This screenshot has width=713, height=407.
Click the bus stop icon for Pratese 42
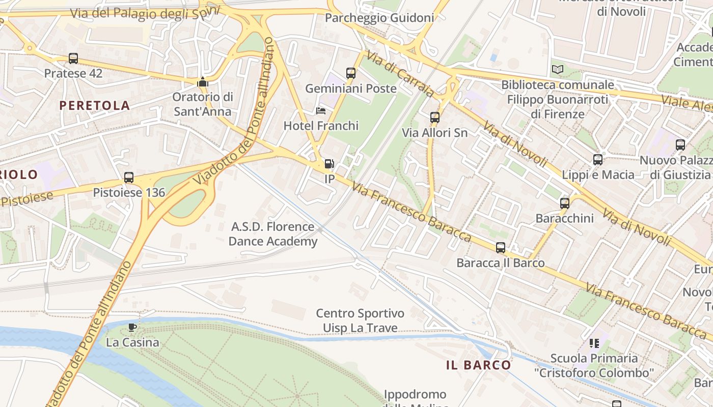[x=73, y=59]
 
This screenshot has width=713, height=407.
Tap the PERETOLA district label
[x=95, y=105]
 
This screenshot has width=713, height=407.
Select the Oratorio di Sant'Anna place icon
[x=203, y=82]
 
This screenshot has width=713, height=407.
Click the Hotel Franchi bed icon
[x=321, y=111]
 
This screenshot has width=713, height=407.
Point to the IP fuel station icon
[x=330, y=164]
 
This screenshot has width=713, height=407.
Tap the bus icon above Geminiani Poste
[x=351, y=73]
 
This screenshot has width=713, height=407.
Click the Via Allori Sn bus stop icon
[x=435, y=118]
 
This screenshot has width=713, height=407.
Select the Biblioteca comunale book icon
[x=558, y=69]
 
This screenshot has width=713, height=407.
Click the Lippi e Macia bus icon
[x=598, y=160]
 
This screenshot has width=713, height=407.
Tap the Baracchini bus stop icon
[x=565, y=203]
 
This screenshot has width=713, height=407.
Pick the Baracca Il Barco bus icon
[x=501, y=248]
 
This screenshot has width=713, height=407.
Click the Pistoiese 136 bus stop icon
[x=129, y=178]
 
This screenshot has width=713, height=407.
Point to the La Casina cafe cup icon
[x=132, y=327]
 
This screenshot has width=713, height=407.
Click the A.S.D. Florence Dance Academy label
[x=272, y=234]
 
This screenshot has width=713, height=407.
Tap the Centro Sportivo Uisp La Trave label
[x=360, y=321]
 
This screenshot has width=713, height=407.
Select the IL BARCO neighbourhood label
[x=478, y=365]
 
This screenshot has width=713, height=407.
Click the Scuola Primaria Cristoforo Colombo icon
[x=594, y=343]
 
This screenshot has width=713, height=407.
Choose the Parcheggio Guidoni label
[x=379, y=18]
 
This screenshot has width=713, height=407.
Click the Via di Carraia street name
[x=400, y=74]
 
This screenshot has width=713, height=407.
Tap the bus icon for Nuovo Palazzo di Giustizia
[x=680, y=145]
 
